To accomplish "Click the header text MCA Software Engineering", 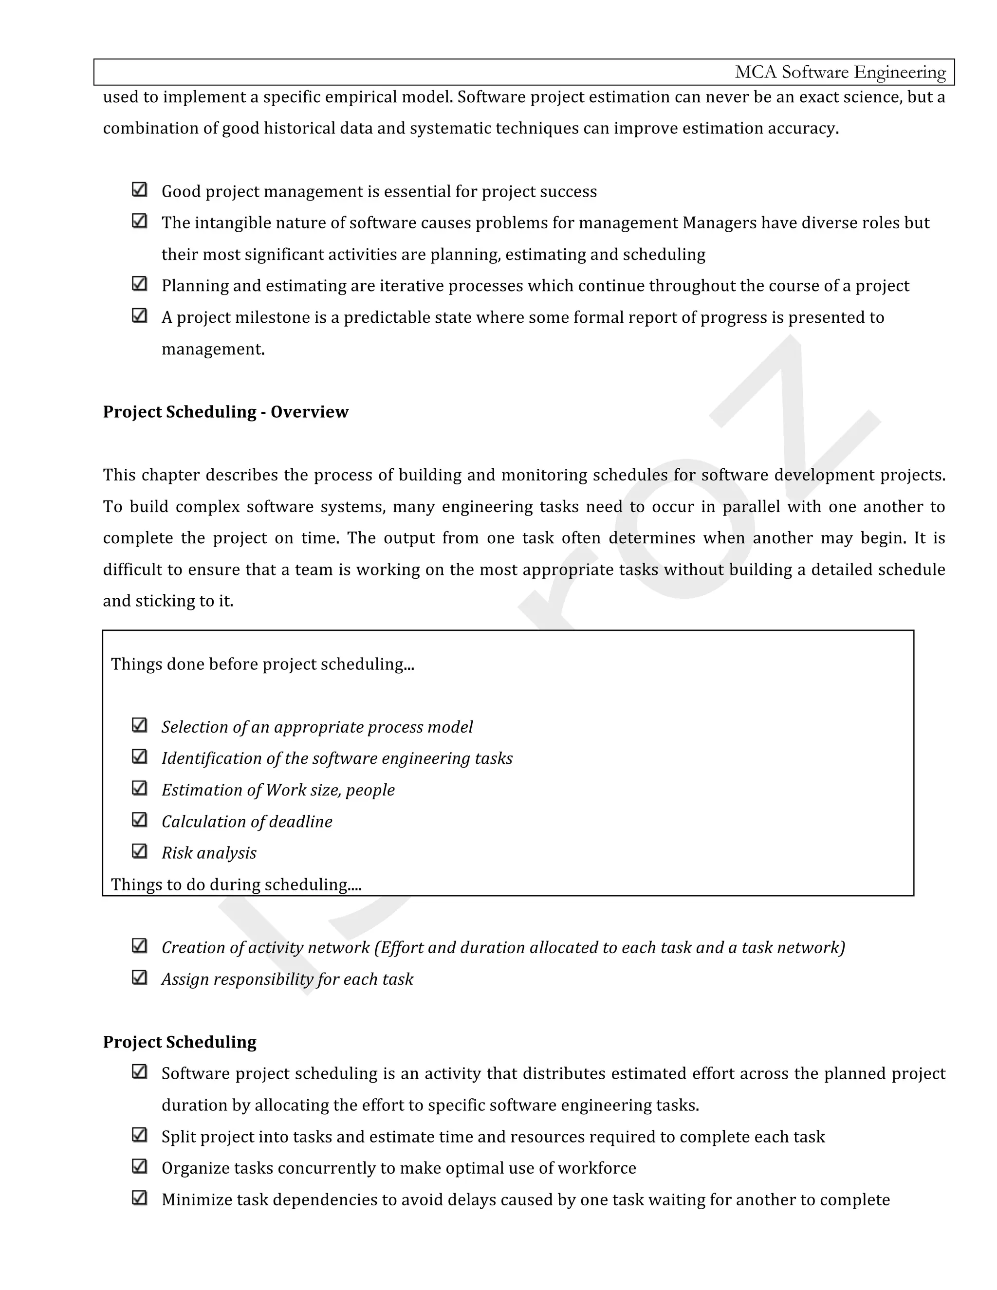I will click(x=839, y=72).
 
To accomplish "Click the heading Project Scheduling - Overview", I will click(x=225, y=412).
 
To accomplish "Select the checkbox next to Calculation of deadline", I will click(x=139, y=820).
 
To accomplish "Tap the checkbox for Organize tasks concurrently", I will click(x=139, y=1166).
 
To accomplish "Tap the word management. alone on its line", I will click(x=213, y=349).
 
